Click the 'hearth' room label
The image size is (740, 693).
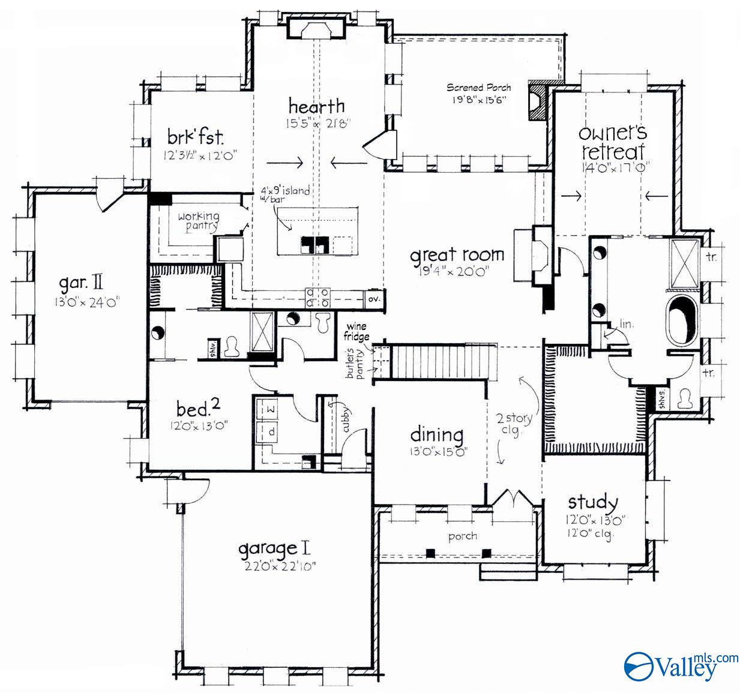pyautogui.click(x=316, y=107)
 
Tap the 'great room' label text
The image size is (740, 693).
pyautogui.click(x=457, y=255)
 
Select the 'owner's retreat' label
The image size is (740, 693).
pyautogui.click(x=612, y=142)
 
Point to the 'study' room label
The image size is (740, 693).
pyautogui.click(x=593, y=502)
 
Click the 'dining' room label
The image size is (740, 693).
pyautogui.click(x=436, y=435)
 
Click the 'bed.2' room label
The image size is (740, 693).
pyautogui.click(x=198, y=409)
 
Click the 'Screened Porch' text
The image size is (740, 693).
pyautogui.click(x=478, y=88)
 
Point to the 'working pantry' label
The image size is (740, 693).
pyautogui.click(x=198, y=221)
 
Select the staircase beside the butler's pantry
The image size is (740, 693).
pyautogui.click(x=441, y=361)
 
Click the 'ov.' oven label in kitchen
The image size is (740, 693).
pyautogui.click(x=374, y=298)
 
